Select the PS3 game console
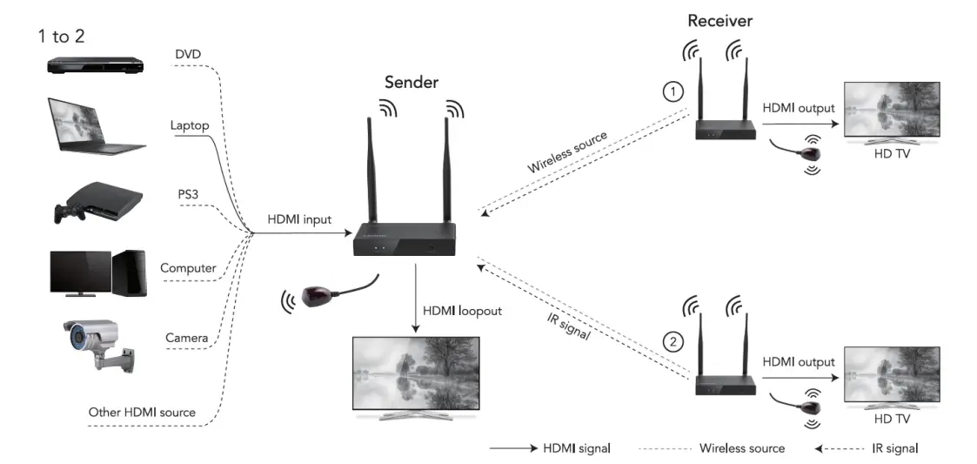click(93, 203)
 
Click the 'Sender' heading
click(412, 82)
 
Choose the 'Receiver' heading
click(719, 20)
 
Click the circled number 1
click(673, 91)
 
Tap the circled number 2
click(673, 341)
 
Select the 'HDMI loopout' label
click(462, 310)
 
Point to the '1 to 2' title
click(61, 36)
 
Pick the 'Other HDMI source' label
click(142, 412)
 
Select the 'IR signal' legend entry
click(893, 448)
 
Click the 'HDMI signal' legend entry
click(576, 448)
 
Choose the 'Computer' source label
click(188, 268)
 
